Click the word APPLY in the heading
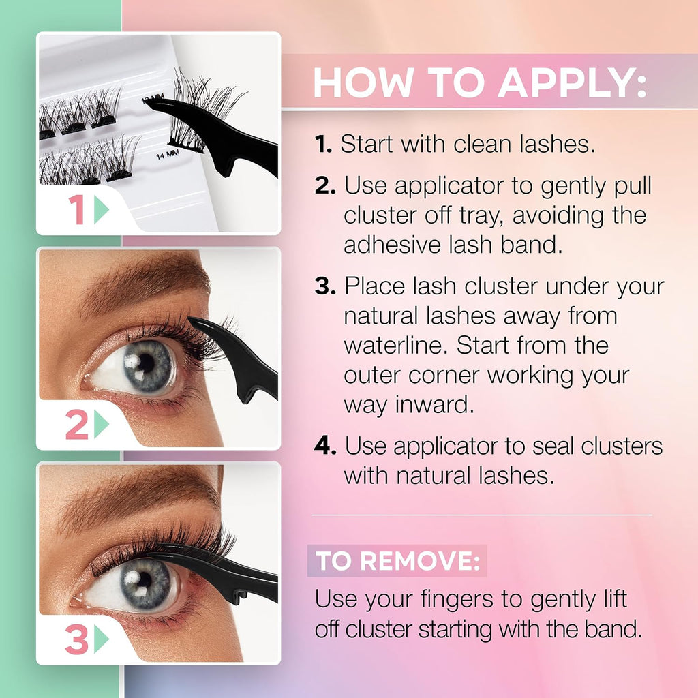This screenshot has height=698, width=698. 573,83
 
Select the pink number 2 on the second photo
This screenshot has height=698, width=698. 76,424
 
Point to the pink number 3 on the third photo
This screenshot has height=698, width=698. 76,639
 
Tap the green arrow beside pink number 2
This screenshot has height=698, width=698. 101,424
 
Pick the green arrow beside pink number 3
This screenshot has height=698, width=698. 101,639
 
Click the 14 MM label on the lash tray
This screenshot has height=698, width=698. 168,155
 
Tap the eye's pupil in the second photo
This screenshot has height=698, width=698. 145,363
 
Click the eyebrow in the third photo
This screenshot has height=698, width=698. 138,501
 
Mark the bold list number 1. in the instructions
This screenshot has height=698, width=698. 323,145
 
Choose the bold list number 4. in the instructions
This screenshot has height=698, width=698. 325,446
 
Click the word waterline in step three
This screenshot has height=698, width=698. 395,345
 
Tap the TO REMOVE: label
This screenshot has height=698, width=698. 397,560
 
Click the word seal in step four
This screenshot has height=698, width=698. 553,446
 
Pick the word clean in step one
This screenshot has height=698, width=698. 482,144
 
